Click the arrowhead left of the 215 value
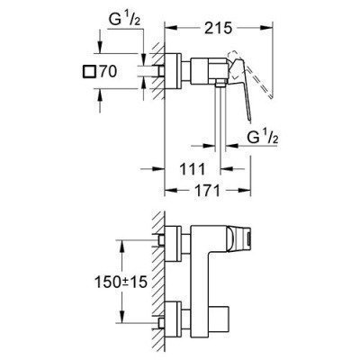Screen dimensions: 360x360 [x=170, y=28]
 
